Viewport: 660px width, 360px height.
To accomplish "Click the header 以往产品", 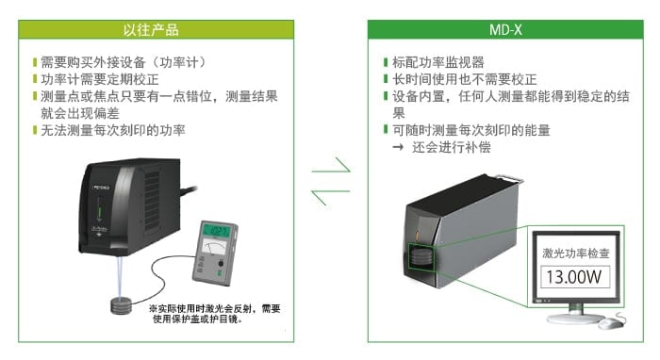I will point(152,29).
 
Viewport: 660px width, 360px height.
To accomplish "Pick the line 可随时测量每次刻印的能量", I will point(471,130).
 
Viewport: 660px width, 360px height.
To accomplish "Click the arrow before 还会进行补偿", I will point(398,147).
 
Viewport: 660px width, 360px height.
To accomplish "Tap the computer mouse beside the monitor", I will point(613,323).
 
